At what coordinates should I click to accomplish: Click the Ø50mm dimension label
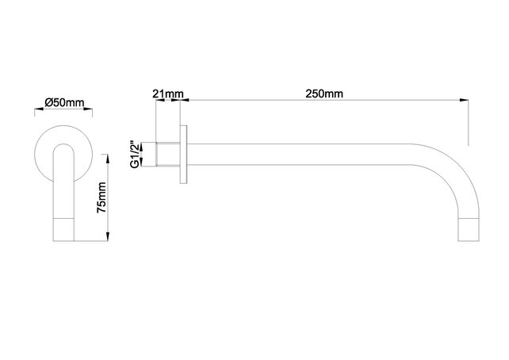(x=64, y=103)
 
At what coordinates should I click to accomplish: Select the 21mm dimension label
(x=168, y=94)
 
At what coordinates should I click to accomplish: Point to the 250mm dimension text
(x=324, y=94)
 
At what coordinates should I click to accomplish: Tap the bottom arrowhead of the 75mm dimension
(x=107, y=238)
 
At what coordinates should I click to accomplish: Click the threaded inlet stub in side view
(x=169, y=154)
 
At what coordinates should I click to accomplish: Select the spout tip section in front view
(x=65, y=228)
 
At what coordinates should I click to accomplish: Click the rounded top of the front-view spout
(x=65, y=146)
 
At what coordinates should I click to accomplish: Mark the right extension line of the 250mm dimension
(x=468, y=123)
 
